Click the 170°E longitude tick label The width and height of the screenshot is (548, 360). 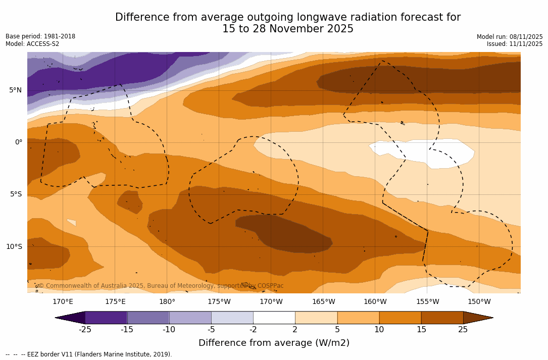coord(63,302)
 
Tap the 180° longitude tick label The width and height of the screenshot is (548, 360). coord(167,302)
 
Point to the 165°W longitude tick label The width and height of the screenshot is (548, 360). coord(323,302)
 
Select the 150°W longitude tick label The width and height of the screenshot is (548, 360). coord(479,302)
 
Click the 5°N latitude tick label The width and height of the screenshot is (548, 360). coord(15,90)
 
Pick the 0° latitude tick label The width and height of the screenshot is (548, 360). coord(18,142)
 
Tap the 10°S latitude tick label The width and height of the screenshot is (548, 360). coord(14,247)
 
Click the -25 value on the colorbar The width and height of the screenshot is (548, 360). coord(85,330)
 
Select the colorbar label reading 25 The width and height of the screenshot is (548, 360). coord(463,330)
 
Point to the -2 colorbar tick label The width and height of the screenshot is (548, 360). coord(253,330)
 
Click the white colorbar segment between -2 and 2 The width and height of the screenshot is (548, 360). coord(274,318)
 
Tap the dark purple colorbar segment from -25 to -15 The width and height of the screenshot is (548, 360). coord(106,318)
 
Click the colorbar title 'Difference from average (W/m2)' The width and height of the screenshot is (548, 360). coord(274,343)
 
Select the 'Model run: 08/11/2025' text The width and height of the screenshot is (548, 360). coord(510,37)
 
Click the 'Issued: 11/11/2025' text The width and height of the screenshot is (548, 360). coord(515,44)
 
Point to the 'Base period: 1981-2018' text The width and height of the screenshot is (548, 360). coord(40,36)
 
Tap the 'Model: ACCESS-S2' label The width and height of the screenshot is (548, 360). coord(32,44)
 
